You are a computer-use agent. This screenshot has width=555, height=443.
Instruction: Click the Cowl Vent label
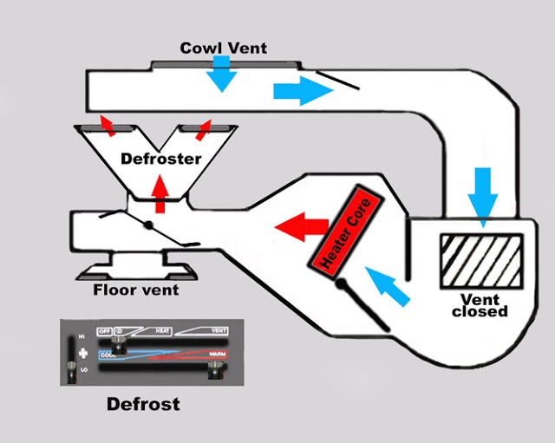coord(224,47)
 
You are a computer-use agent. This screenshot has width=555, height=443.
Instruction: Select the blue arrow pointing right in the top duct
coord(296,91)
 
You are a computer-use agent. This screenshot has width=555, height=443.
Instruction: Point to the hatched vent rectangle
coord(482,261)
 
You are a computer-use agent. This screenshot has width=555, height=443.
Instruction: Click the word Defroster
coord(160,159)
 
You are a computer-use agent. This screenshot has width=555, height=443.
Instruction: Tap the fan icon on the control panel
coord(82,353)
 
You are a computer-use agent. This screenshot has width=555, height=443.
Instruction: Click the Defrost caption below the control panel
coord(142,404)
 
